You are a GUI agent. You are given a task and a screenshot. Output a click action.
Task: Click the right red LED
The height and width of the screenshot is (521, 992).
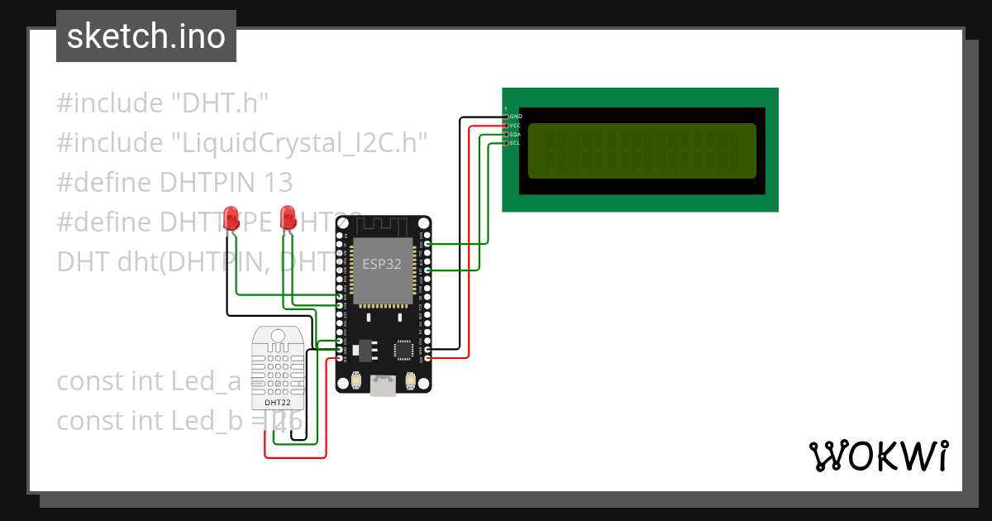[x=288, y=217]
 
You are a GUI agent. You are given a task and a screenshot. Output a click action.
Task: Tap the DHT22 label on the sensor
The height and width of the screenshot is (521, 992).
[x=277, y=403]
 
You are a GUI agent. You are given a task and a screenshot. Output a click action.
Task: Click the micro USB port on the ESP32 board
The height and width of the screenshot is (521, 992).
[x=383, y=384]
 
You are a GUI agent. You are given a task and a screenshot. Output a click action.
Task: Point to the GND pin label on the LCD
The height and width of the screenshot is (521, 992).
[x=515, y=117]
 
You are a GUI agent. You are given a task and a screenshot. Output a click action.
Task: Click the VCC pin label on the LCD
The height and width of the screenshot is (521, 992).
[x=515, y=126]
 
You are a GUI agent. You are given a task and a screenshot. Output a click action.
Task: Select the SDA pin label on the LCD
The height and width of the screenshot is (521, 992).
[x=515, y=134]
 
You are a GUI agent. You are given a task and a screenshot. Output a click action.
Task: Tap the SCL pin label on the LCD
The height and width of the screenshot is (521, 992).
[x=515, y=143]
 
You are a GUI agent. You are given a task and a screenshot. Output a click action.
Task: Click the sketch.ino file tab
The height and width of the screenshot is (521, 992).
[x=146, y=36]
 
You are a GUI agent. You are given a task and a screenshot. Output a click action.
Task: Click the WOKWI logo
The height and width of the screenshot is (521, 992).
[x=878, y=456]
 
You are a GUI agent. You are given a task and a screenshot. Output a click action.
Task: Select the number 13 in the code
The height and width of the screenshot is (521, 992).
[x=279, y=183]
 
